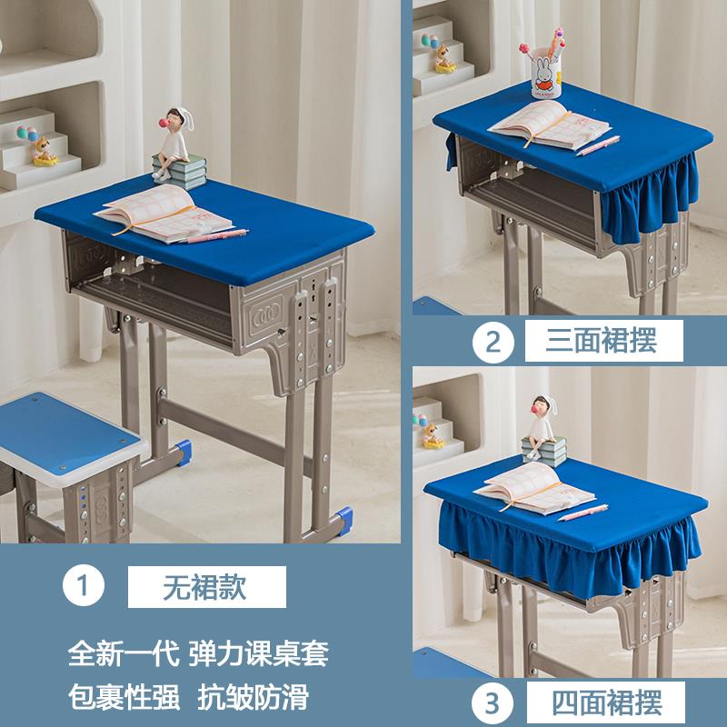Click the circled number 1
(x=84, y=586)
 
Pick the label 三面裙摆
(x=602, y=341)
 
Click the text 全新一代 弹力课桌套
(x=198, y=652)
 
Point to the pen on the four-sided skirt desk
(x=582, y=513)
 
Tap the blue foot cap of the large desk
(x=344, y=519)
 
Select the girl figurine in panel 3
(x=543, y=421)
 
